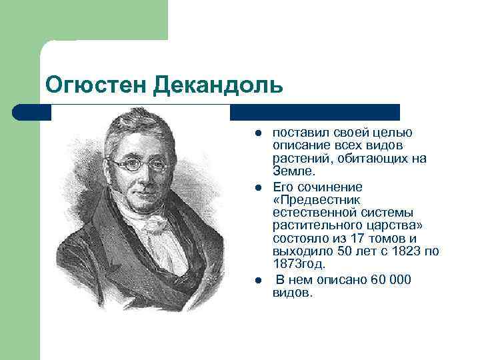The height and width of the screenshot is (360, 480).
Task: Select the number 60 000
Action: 395,279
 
